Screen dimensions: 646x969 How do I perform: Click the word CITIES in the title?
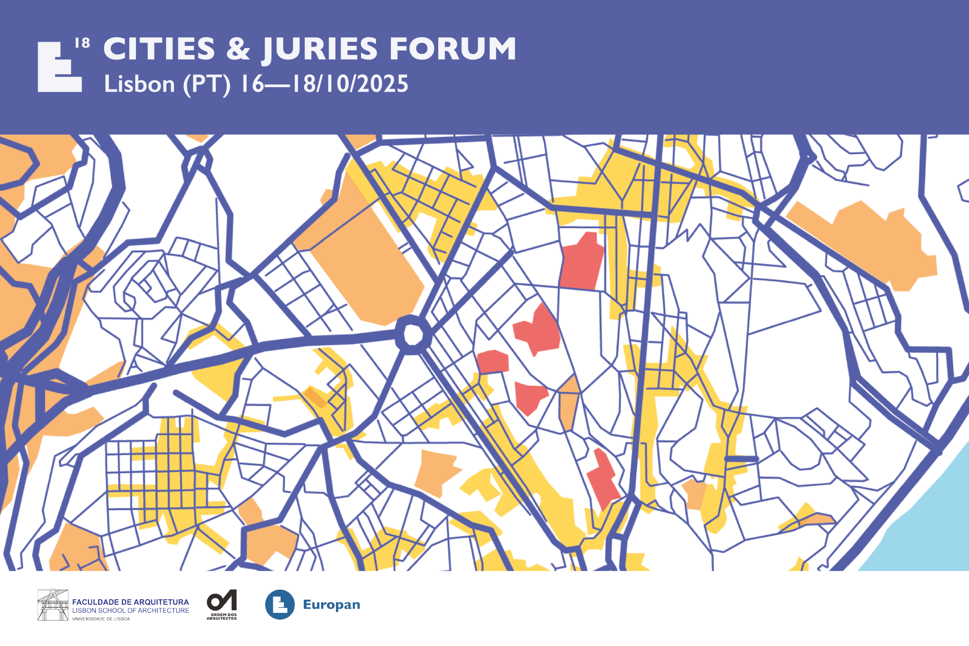point(159,49)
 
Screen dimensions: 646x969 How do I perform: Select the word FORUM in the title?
point(453,49)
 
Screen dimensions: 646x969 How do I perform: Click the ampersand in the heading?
point(238,49)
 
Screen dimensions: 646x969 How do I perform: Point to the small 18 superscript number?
point(82,43)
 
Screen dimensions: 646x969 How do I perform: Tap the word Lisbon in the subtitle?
point(139,84)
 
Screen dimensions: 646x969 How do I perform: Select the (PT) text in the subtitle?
point(207,84)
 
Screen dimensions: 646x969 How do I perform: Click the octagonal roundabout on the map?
point(412,335)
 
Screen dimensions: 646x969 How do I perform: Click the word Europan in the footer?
point(331,605)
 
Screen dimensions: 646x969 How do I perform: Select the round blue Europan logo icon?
point(280,605)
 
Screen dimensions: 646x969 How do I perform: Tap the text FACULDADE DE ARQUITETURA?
point(130,602)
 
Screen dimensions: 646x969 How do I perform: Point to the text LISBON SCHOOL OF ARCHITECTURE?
point(130,611)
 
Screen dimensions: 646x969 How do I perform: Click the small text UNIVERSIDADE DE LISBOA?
point(101,619)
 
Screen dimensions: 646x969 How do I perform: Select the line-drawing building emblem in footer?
point(53,605)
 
